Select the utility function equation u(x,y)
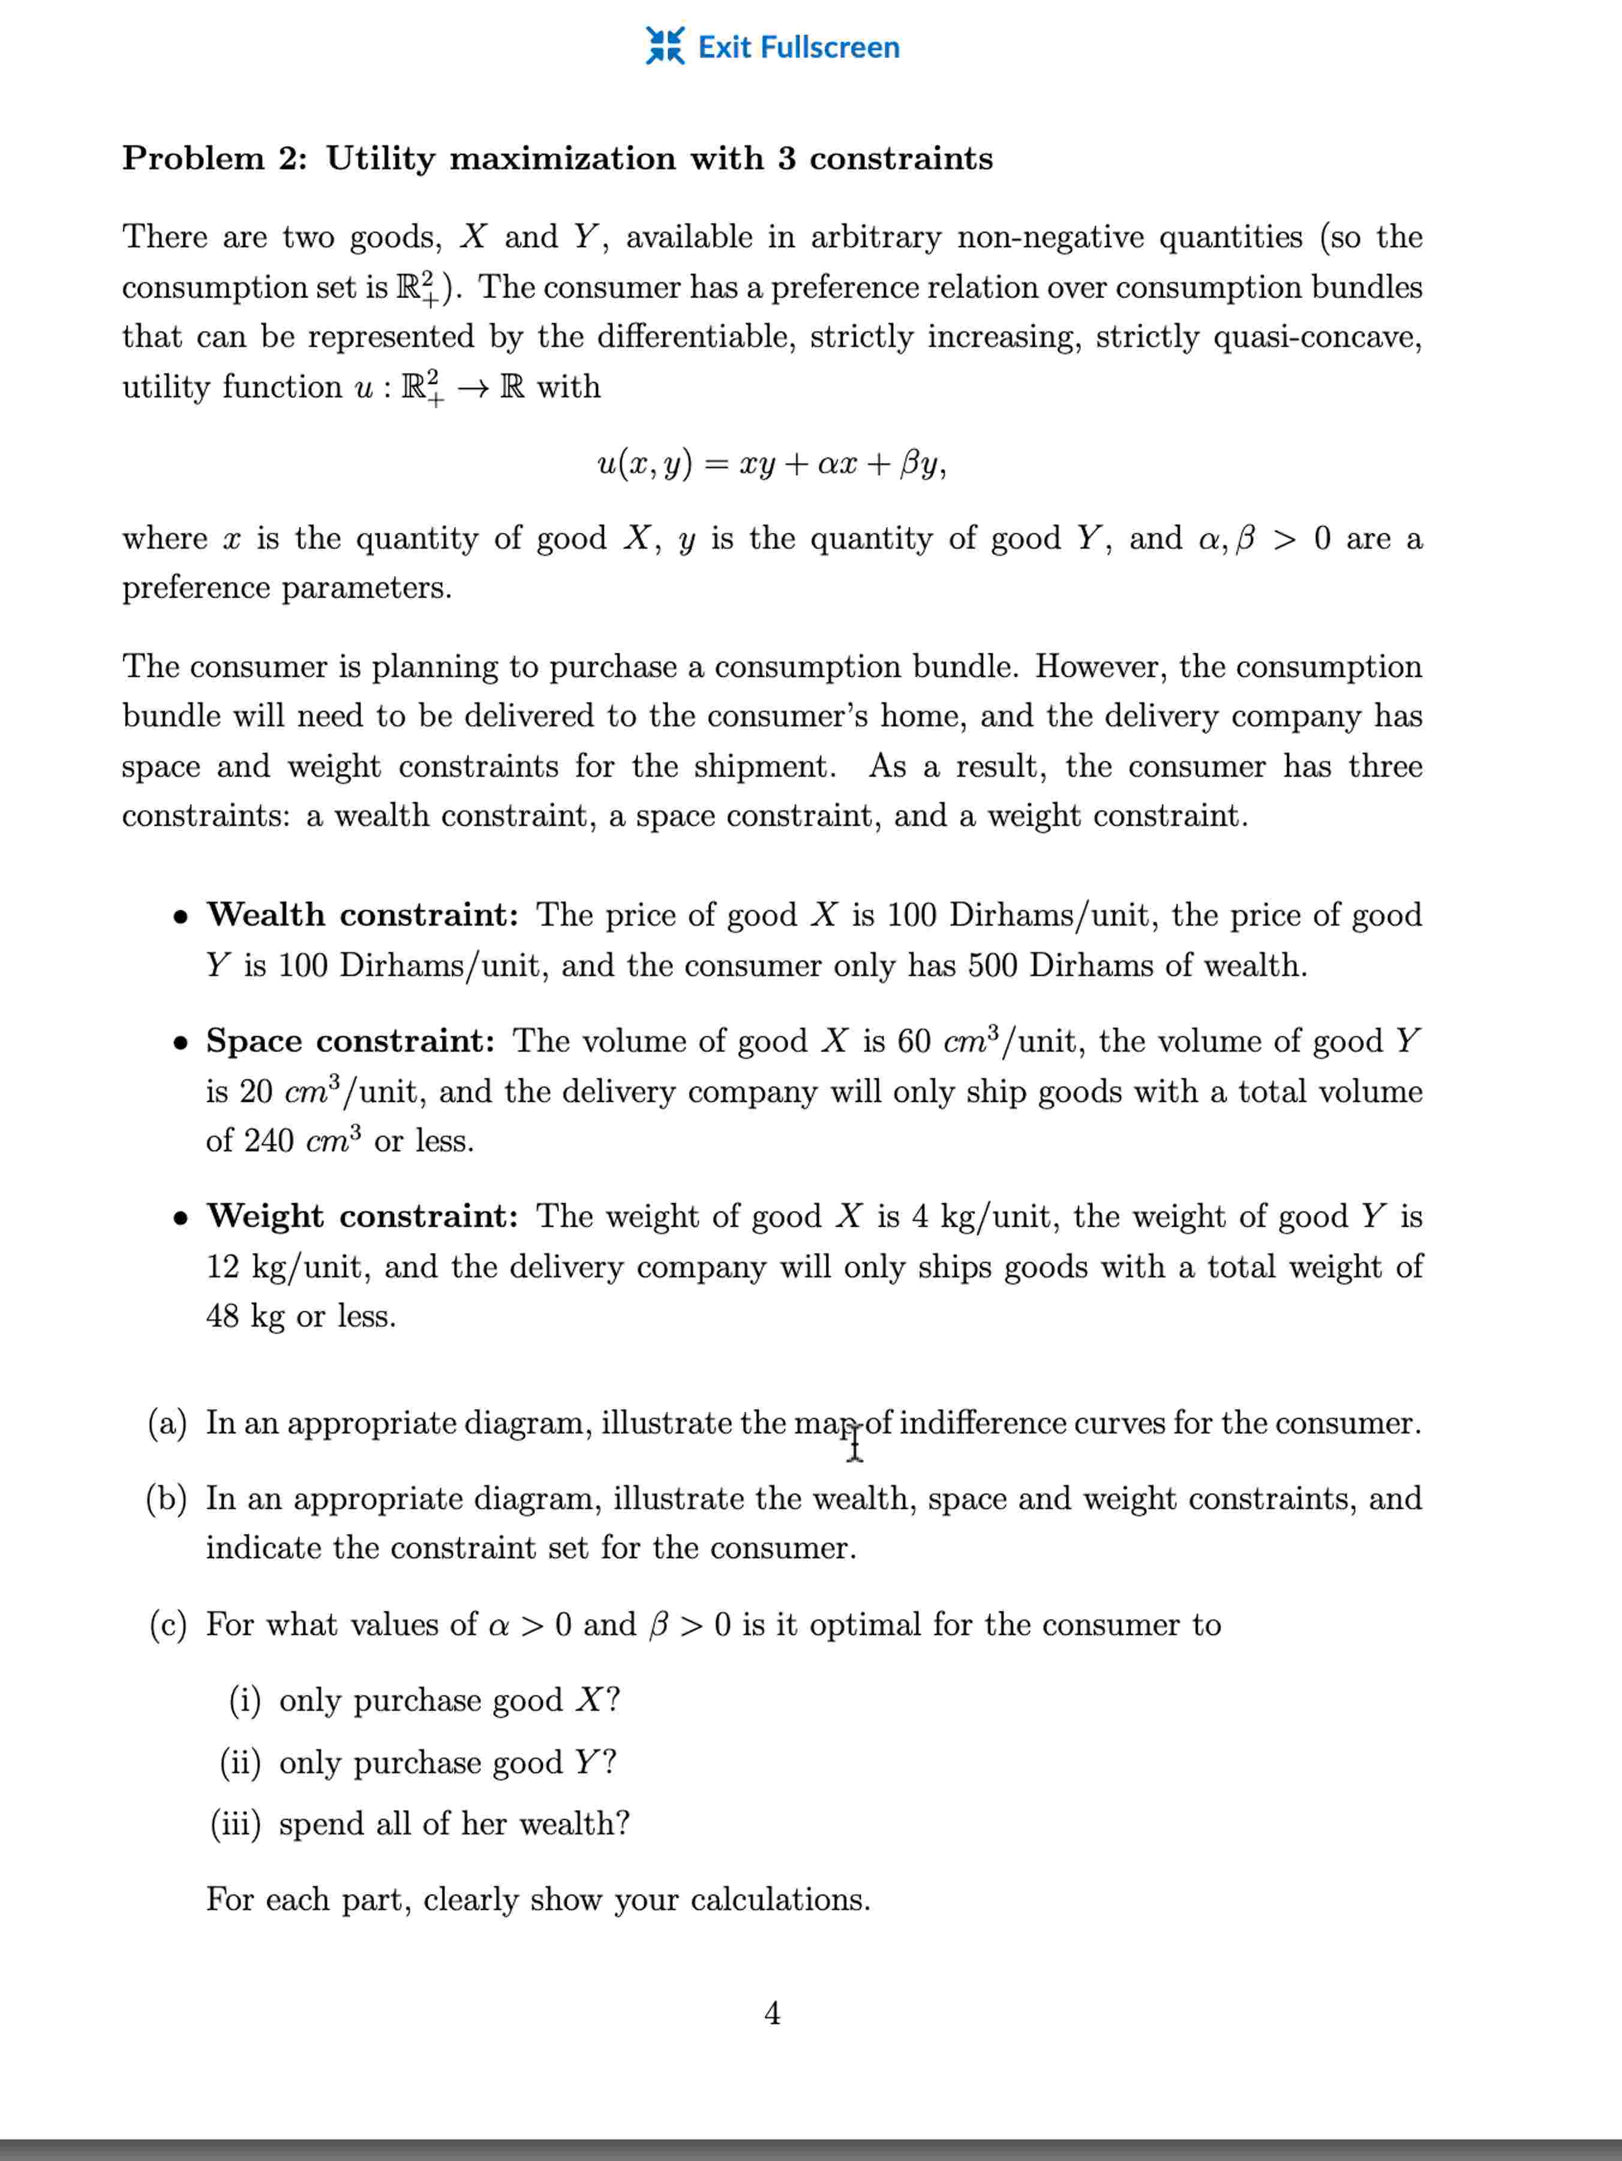point(771,463)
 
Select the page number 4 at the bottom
point(771,2013)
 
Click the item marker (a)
point(167,1423)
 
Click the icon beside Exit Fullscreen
point(665,46)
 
